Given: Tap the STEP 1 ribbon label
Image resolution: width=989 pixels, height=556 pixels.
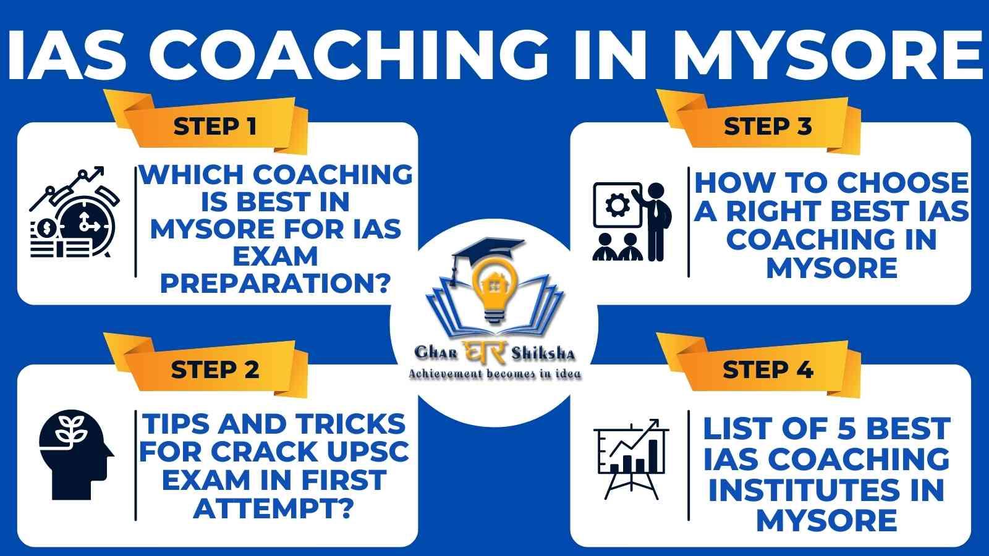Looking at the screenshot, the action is pyautogui.click(x=214, y=127).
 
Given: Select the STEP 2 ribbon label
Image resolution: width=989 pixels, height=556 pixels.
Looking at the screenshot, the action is pyautogui.click(x=215, y=370).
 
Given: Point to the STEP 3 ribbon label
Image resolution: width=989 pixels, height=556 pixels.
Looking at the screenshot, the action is pyautogui.click(x=768, y=127).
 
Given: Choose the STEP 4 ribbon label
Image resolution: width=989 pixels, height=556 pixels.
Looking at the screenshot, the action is pyautogui.click(x=768, y=370).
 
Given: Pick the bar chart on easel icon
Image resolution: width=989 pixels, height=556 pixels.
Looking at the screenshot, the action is pyautogui.click(x=631, y=459).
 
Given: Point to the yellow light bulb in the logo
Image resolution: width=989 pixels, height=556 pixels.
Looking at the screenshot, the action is pyautogui.click(x=494, y=289).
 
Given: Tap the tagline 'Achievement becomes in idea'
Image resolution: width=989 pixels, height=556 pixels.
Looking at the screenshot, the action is pyautogui.click(x=494, y=374).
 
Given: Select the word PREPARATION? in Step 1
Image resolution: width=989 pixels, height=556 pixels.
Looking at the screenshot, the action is pyautogui.click(x=276, y=284).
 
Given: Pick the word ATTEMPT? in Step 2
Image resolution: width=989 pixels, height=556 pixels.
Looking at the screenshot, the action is pyautogui.click(x=274, y=508).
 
